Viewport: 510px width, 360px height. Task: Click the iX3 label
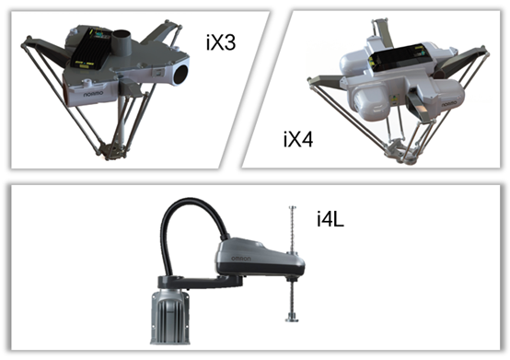pos(221,42)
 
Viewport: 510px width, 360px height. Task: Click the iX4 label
pos(298,140)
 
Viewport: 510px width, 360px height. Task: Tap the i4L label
pos(330,218)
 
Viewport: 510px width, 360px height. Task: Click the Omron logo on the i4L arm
pos(241,259)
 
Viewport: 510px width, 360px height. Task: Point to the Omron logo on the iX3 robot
pos(93,94)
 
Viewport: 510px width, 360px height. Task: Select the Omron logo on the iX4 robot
pos(449,104)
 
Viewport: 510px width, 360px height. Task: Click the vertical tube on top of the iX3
pos(122,42)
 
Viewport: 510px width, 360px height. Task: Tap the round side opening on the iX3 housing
pos(180,75)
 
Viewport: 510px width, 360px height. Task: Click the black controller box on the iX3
pos(88,49)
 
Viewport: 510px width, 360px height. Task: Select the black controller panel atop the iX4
pos(397,58)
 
